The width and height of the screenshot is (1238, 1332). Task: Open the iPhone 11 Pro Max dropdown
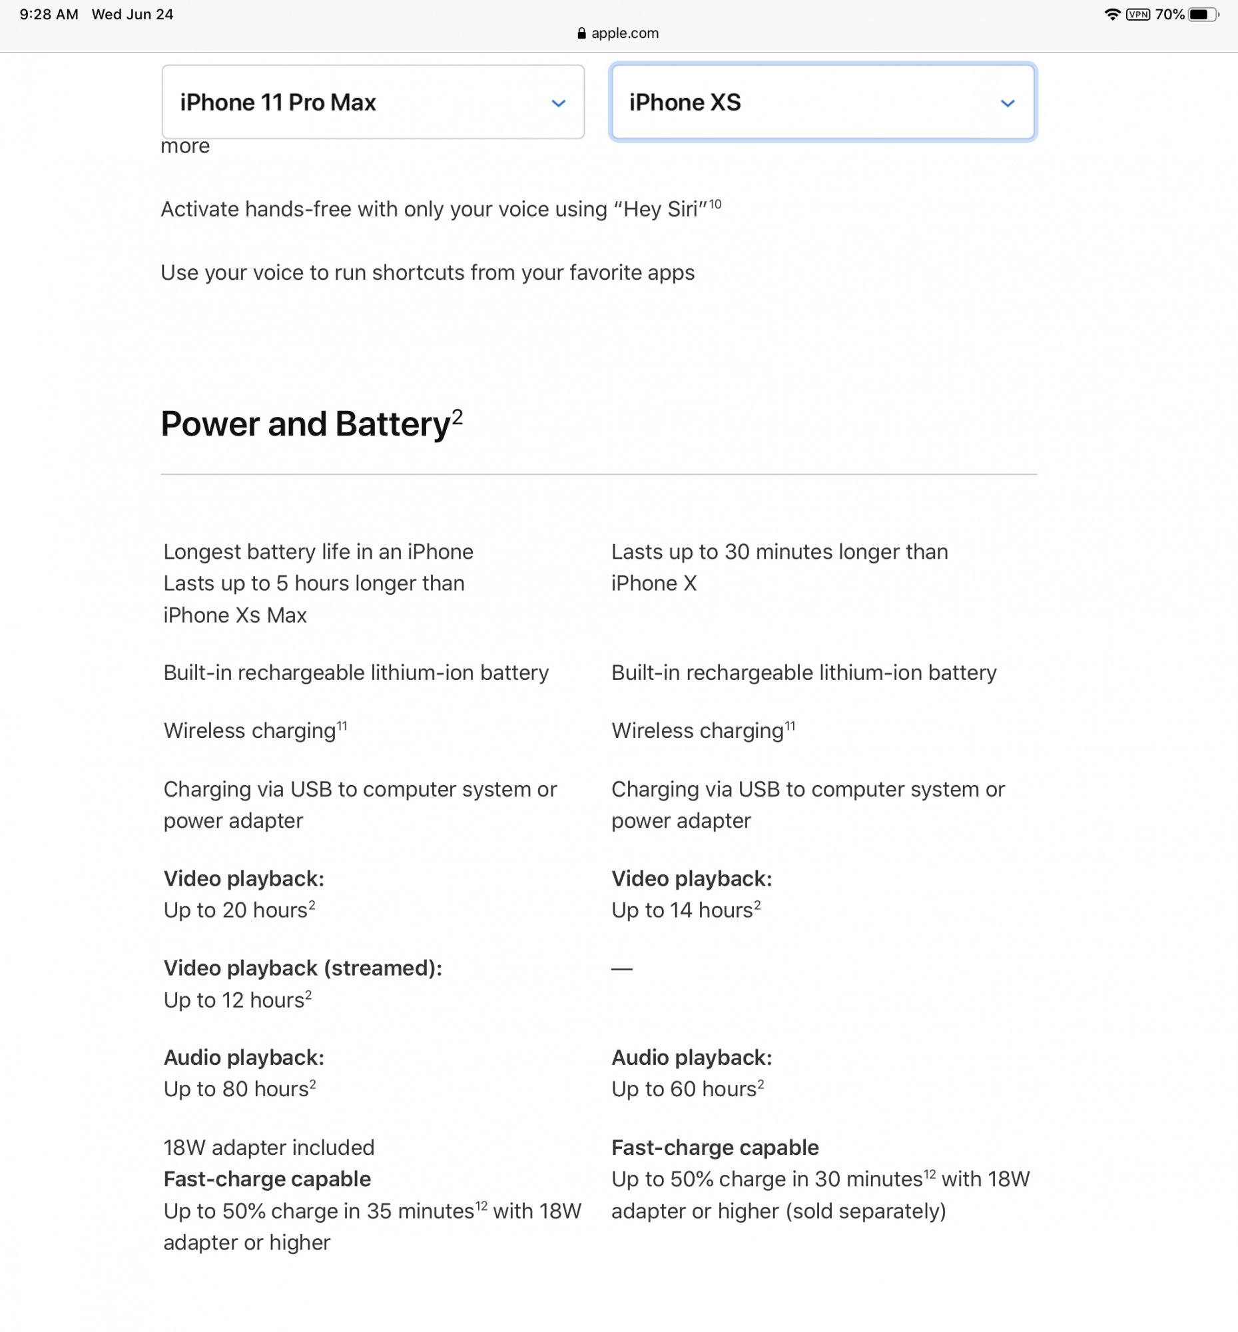point(372,103)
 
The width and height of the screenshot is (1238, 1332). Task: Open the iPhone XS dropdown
point(822,103)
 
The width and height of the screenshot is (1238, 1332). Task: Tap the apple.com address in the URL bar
point(625,33)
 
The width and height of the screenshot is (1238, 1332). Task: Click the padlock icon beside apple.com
point(581,33)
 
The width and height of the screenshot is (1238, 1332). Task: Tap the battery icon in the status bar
point(1203,15)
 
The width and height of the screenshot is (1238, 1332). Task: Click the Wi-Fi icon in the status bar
point(1112,15)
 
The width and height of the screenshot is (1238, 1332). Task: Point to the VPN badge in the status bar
point(1138,15)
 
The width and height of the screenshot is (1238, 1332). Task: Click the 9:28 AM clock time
point(49,15)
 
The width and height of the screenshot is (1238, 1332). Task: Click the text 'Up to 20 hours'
point(236,910)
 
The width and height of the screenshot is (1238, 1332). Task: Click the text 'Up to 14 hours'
point(683,910)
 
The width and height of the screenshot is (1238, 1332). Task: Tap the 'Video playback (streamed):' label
point(303,968)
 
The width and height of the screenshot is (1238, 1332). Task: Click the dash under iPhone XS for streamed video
point(622,969)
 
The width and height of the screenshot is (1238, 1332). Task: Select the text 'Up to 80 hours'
point(236,1090)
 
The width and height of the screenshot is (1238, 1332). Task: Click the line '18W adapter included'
point(268,1148)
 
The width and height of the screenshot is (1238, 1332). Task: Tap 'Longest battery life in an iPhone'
point(318,552)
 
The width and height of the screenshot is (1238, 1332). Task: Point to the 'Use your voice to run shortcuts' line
point(428,272)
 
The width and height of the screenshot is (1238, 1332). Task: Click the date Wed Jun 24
point(133,15)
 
